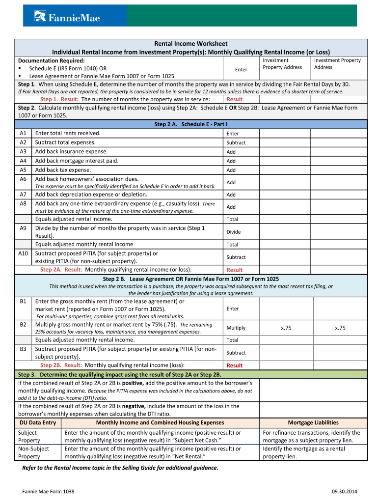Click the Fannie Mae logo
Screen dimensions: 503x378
[x=67, y=17]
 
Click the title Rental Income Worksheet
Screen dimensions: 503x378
[x=191, y=44]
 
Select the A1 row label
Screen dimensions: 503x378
[x=23, y=133]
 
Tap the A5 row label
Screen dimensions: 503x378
[x=23, y=170]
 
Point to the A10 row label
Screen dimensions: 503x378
[x=23, y=253]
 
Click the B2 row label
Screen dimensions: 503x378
[x=23, y=325]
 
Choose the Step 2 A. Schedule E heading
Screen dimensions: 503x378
[x=191, y=124]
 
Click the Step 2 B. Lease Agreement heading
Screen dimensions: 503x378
[x=191, y=279]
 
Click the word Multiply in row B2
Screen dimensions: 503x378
[x=236, y=328]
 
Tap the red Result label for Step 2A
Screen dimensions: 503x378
[x=234, y=270]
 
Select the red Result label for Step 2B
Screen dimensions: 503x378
[x=234, y=365]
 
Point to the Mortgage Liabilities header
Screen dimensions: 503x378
[x=313, y=422]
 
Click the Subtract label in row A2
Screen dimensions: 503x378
[x=236, y=143]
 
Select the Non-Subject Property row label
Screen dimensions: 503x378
[x=33, y=452]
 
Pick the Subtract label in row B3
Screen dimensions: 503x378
[x=236, y=353]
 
